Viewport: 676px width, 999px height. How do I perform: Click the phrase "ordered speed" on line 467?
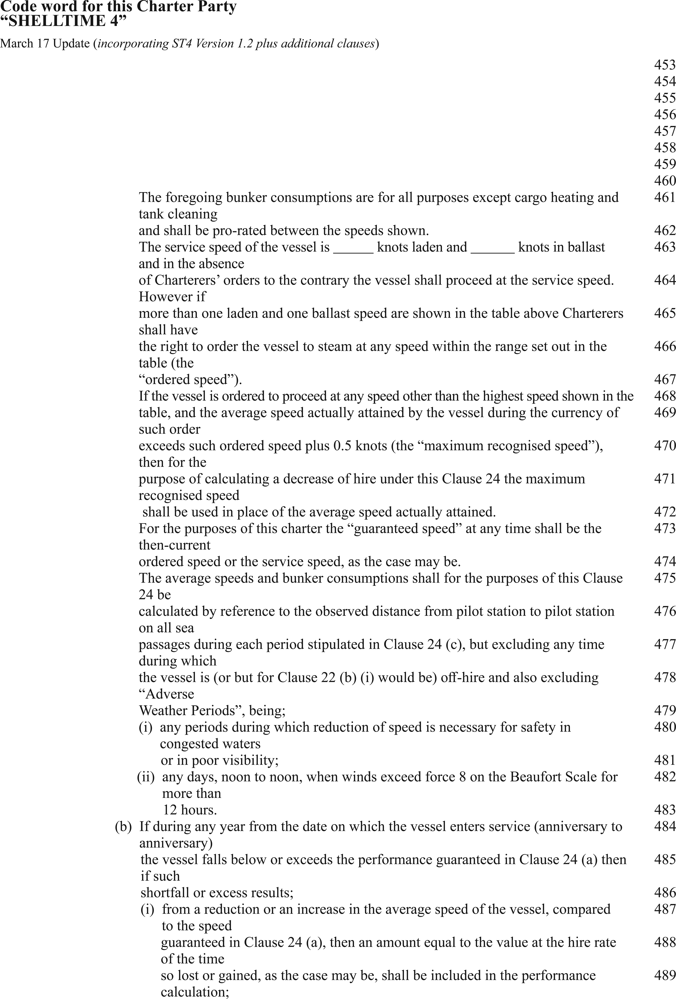coord(189,380)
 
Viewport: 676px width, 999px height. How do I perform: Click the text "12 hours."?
coord(190,810)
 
